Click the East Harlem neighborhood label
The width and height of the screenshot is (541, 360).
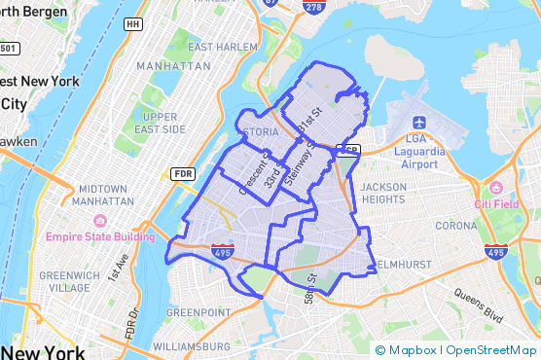click(x=223, y=47)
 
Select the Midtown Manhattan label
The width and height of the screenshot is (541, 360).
click(x=103, y=194)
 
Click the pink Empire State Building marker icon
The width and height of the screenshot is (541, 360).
click(x=50, y=236)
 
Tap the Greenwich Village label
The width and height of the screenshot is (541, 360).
click(x=69, y=282)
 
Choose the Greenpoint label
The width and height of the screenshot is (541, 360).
click(x=198, y=313)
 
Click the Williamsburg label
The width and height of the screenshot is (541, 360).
click(x=191, y=345)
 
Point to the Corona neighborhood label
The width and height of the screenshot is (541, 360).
click(x=456, y=226)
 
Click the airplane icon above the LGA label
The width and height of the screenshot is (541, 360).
click(x=419, y=123)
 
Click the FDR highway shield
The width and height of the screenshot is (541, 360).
click(x=182, y=174)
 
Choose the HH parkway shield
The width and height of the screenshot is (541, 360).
click(x=133, y=22)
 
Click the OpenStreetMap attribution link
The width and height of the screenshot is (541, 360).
click(x=492, y=350)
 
